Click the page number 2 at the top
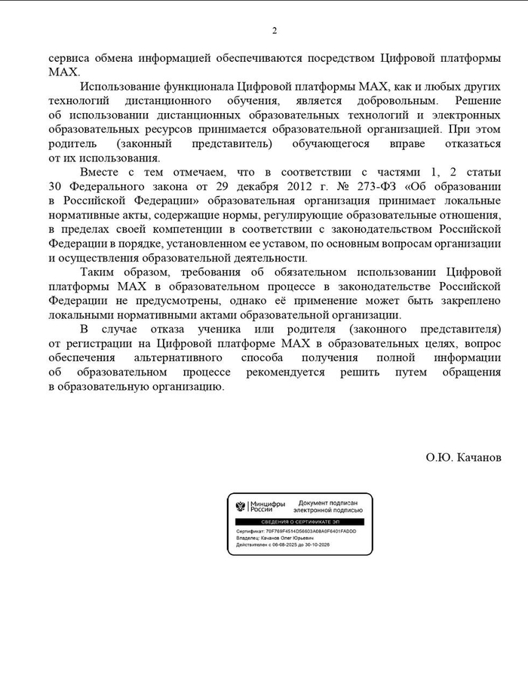(275, 31)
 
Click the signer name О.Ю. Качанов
(463, 458)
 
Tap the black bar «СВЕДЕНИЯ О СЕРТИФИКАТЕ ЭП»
(300, 522)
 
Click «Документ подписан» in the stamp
(327, 502)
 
